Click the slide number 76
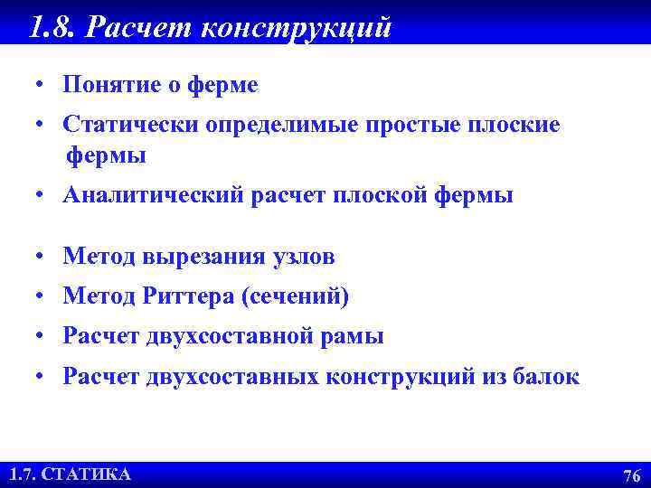pyautogui.click(x=632, y=475)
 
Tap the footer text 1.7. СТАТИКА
pyautogui.click(x=70, y=474)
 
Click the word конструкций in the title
pyautogui.click(x=297, y=28)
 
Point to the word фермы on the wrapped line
pyautogui.click(x=105, y=156)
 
